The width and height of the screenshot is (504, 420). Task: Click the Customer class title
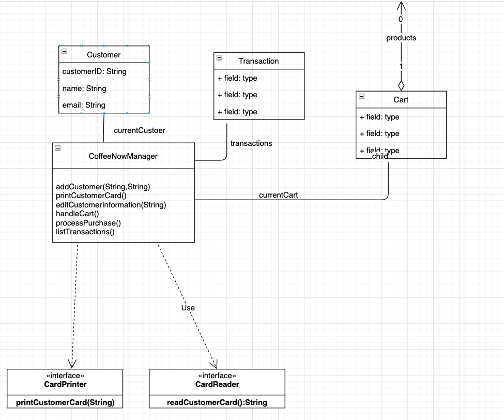click(x=103, y=55)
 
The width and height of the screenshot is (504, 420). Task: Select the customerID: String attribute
click(x=94, y=71)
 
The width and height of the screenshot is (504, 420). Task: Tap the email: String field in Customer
click(x=84, y=105)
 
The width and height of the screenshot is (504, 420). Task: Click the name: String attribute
click(x=84, y=88)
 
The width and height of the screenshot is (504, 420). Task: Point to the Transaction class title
click(x=258, y=61)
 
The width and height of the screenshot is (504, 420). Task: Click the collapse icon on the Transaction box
click(x=219, y=58)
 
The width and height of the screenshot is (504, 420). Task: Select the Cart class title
click(x=401, y=100)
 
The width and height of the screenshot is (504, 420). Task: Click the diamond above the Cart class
click(x=401, y=85)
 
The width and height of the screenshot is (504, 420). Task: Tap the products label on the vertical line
click(x=401, y=38)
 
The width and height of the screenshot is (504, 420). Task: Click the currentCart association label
click(x=278, y=195)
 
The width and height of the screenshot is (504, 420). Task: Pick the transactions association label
click(x=251, y=143)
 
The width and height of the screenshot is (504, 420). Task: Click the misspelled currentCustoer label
click(x=139, y=130)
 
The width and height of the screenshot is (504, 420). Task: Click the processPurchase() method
click(x=88, y=223)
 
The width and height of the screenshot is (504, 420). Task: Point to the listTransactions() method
click(x=85, y=232)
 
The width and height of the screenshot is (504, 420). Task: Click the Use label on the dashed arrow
click(x=188, y=308)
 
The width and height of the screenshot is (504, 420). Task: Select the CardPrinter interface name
click(x=65, y=384)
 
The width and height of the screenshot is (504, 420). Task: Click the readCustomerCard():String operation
click(x=217, y=402)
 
